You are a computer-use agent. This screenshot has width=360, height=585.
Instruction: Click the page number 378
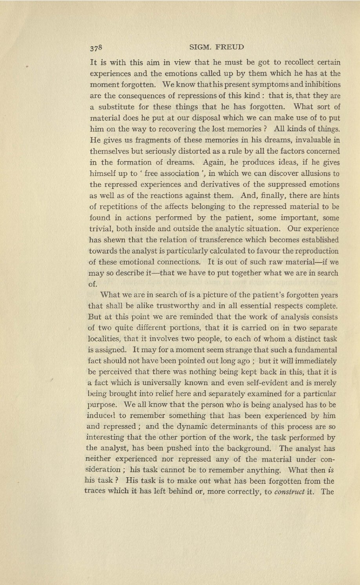coord(96,48)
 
